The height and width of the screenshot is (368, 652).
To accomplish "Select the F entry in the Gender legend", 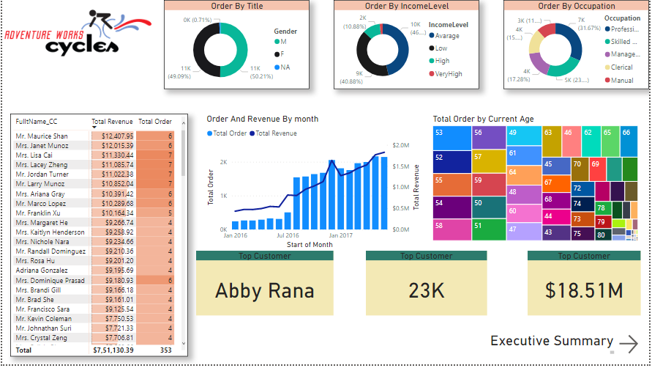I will click(x=283, y=54).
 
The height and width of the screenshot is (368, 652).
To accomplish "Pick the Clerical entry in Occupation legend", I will click(x=621, y=67).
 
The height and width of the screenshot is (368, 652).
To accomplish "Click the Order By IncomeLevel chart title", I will click(x=406, y=6).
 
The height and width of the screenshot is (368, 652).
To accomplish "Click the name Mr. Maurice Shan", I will click(x=42, y=136).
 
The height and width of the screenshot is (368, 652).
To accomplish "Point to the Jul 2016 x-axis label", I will click(x=289, y=235).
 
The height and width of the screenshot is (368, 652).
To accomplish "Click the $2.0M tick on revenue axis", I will click(x=401, y=146).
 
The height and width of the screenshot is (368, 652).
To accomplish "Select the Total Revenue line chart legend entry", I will click(x=274, y=133).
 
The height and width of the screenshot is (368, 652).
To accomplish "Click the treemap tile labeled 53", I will click(x=450, y=137).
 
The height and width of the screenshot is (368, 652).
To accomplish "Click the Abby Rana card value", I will click(x=264, y=290).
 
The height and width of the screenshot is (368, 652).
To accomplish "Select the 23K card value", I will click(x=427, y=290).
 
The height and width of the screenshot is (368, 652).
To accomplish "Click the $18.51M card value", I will click(x=584, y=290).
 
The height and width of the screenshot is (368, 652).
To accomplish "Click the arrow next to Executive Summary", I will click(x=628, y=343).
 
